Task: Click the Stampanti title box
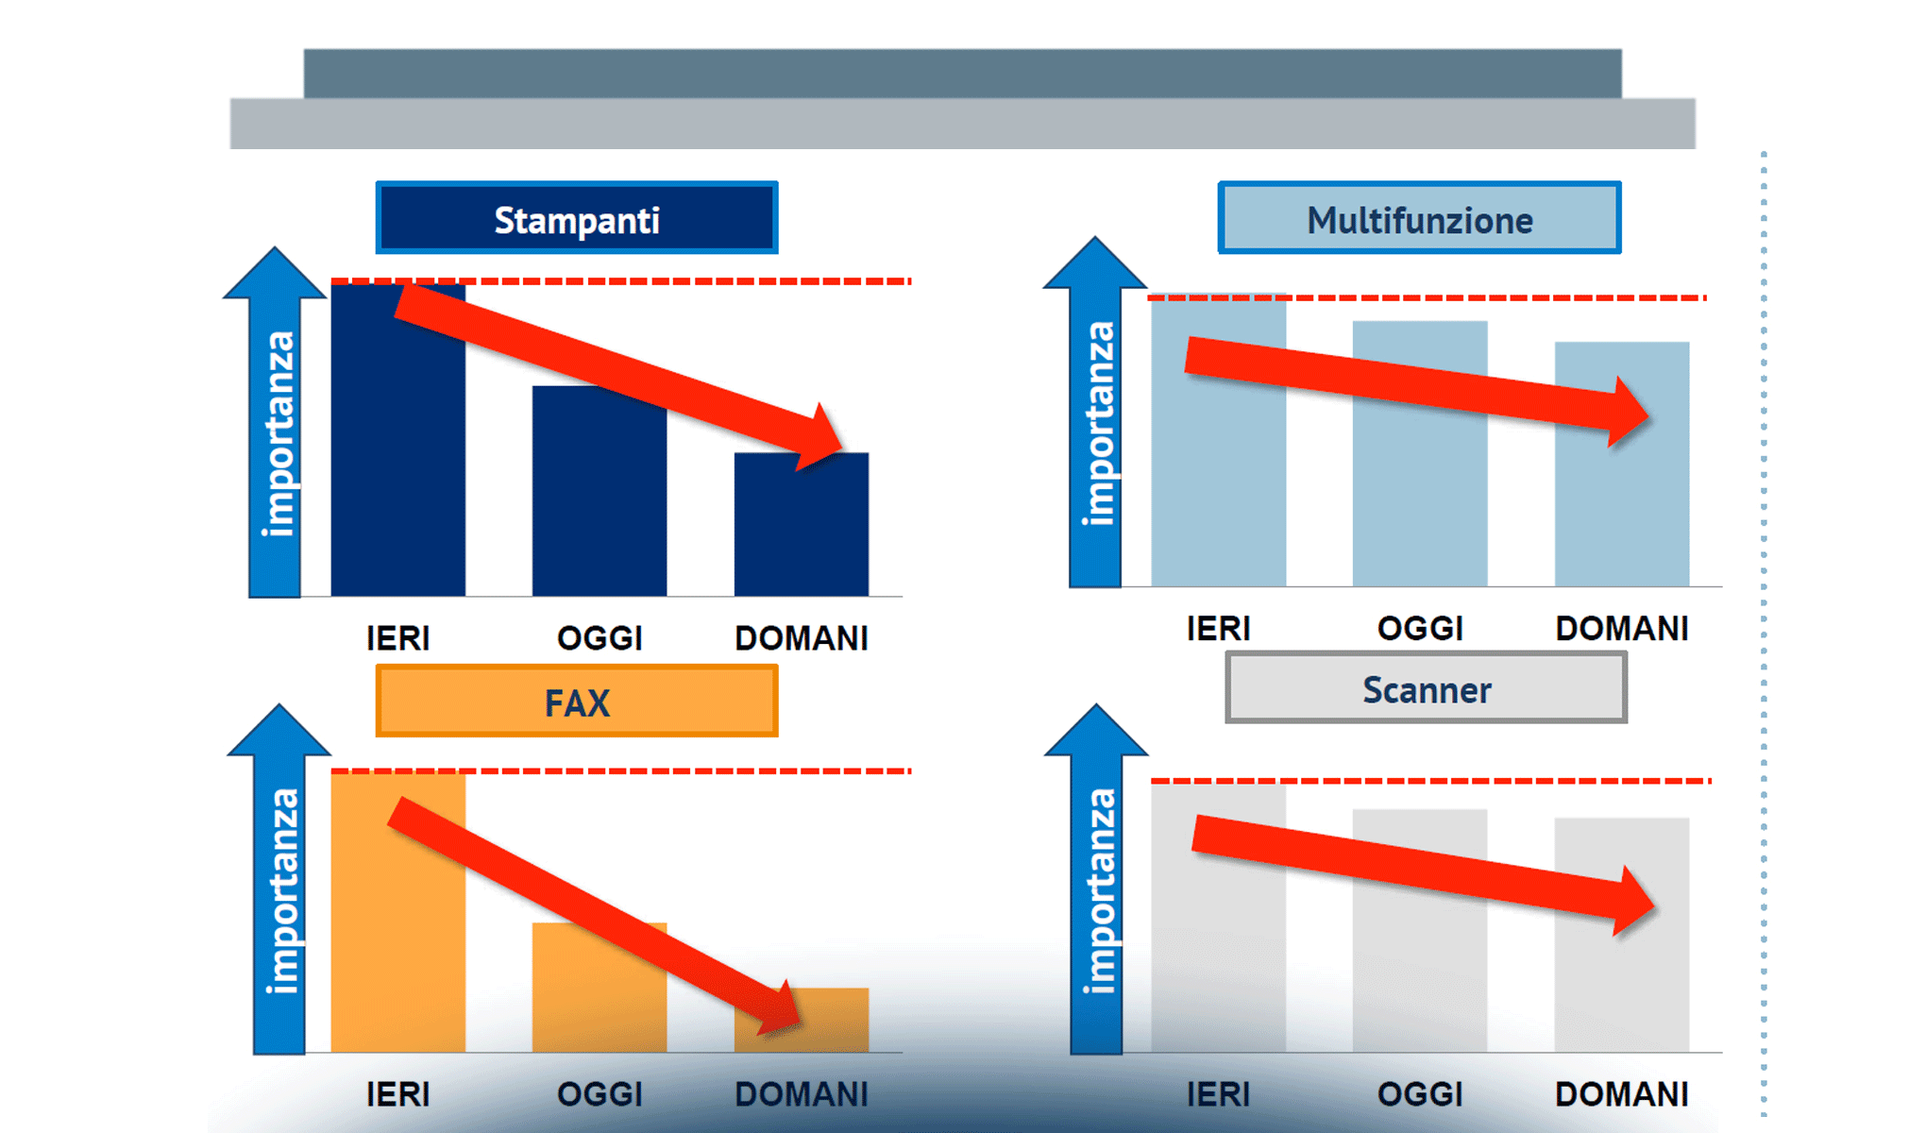(x=577, y=218)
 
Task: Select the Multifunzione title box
(x=1419, y=218)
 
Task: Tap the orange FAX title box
(x=577, y=701)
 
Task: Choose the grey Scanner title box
(x=1426, y=687)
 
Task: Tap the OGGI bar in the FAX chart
(x=600, y=988)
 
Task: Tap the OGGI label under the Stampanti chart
(x=600, y=638)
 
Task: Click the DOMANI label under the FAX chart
(x=802, y=1094)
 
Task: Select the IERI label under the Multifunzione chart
(x=1218, y=629)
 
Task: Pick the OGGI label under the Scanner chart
(x=1420, y=1094)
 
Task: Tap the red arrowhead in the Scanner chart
(x=1633, y=902)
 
